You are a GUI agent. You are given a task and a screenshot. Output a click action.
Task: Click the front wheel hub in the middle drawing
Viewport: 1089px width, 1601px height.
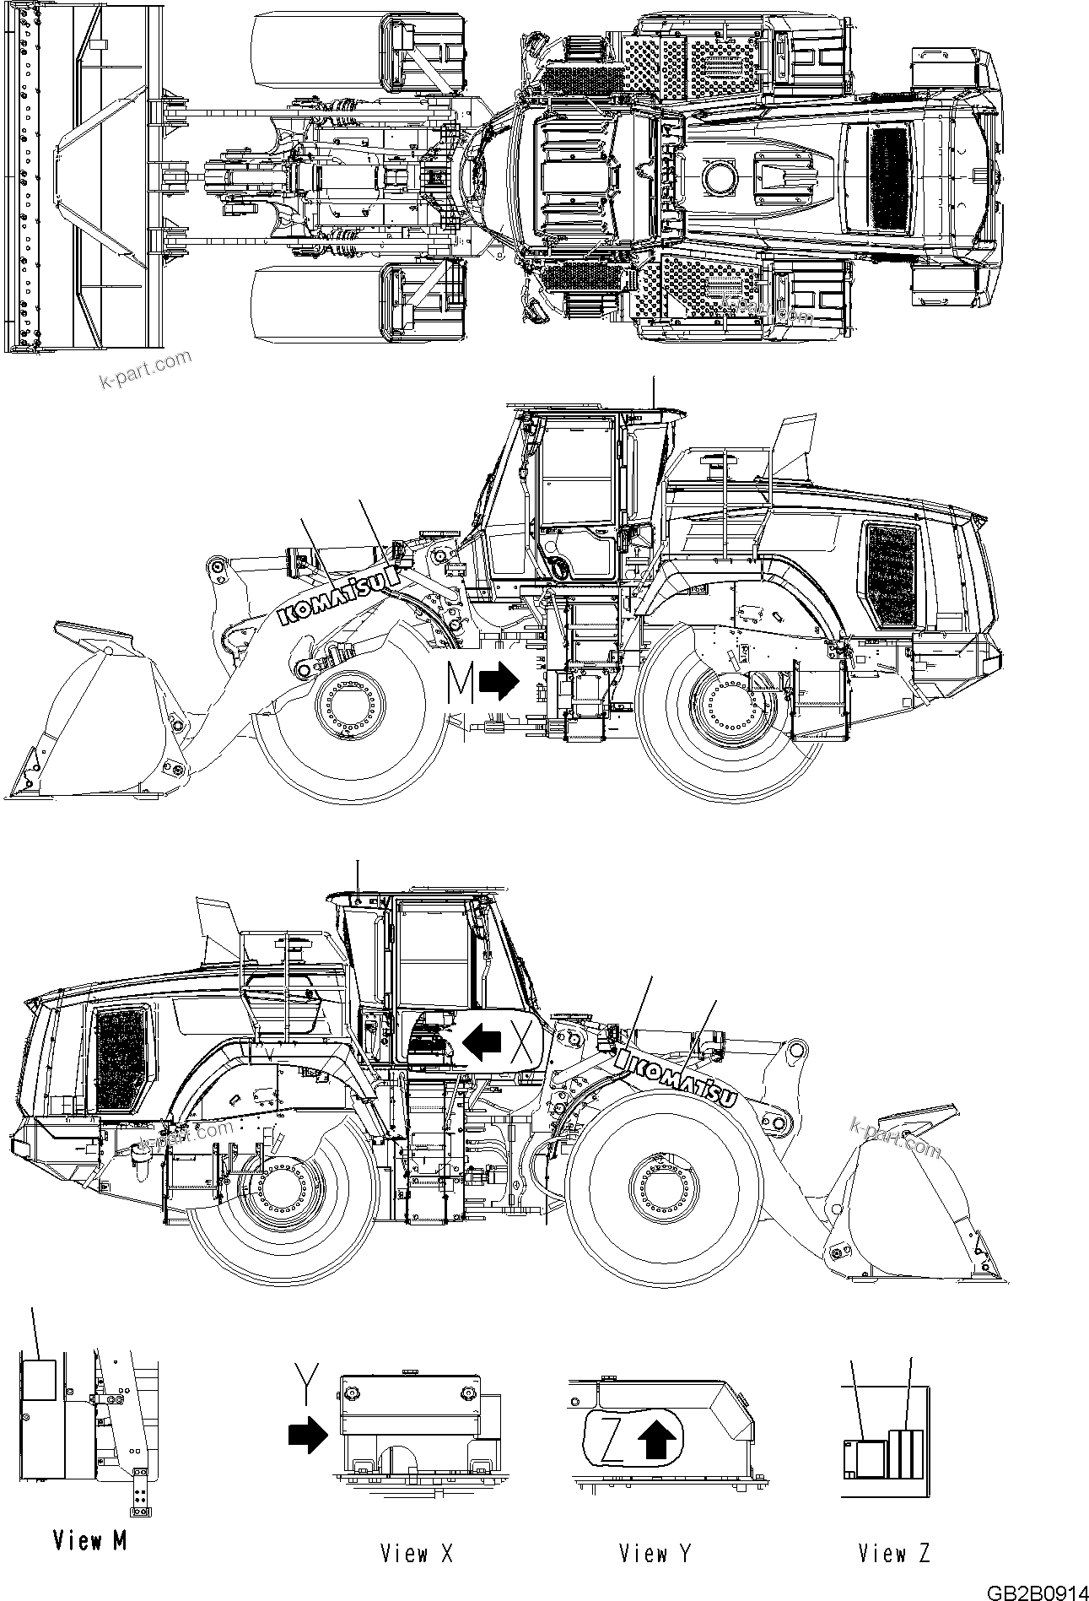click(x=348, y=703)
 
